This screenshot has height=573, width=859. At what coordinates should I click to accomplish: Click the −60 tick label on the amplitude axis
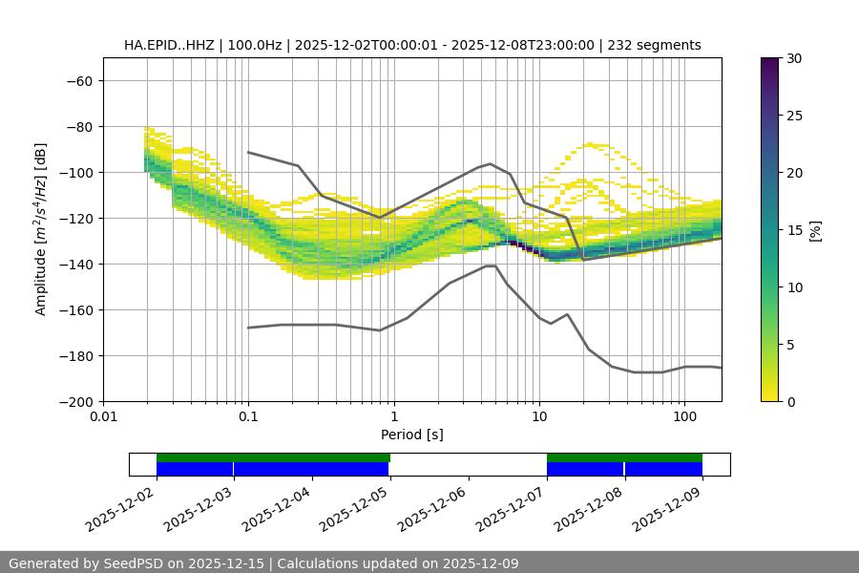[79, 80]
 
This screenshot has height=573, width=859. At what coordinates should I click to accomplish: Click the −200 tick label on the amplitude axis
[75, 401]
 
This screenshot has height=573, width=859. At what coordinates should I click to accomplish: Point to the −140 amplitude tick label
[75, 264]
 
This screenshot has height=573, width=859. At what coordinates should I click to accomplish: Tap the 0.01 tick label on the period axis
[103, 417]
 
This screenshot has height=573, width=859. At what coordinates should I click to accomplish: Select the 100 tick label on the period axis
[684, 417]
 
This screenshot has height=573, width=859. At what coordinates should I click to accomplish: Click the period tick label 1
[393, 417]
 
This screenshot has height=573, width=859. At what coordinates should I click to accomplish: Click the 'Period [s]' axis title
[411, 435]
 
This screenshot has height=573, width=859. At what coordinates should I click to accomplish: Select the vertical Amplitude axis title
[41, 229]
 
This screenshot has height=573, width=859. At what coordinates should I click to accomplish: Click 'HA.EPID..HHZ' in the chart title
[169, 45]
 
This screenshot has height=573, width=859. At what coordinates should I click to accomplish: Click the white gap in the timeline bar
[468, 464]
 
